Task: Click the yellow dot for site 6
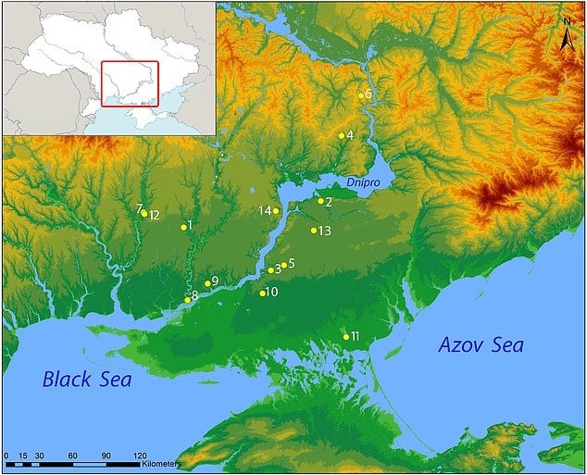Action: pos(361,95)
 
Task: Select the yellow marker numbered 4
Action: pos(341,136)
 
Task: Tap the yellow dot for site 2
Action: pos(320,201)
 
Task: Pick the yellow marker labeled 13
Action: pos(314,231)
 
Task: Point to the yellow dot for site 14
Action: pos(276,211)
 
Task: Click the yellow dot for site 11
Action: pos(346,337)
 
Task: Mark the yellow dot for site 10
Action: pos(263,294)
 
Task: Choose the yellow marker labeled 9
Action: pos(206,283)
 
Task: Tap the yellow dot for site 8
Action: pos(187,299)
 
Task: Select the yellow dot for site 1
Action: pos(183,227)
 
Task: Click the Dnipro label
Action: pos(366,183)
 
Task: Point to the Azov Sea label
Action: pos(480,345)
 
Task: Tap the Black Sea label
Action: pos(86,380)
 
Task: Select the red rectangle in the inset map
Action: pos(130,83)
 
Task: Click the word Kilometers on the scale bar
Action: pos(161,462)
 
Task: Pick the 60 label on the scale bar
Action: pos(73,456)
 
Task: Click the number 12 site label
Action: pos(155,215)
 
